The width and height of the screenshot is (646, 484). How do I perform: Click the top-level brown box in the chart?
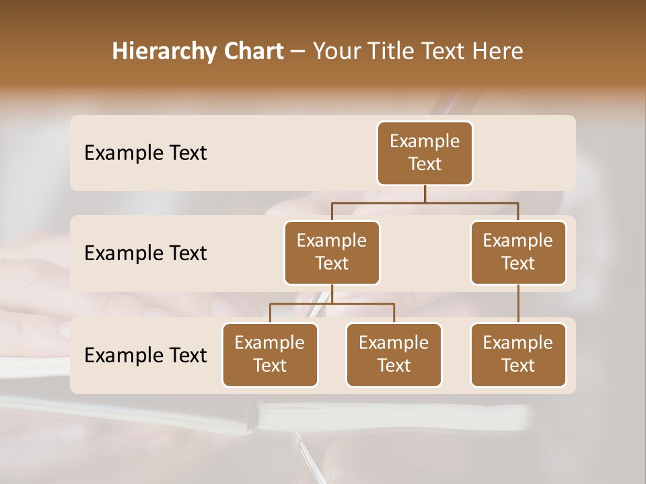click(425, 153)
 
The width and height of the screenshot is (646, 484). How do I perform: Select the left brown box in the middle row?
click(332, 252)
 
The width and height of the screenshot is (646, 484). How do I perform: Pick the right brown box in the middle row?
click(518, 252)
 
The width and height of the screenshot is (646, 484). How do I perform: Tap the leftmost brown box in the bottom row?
click(270, 354)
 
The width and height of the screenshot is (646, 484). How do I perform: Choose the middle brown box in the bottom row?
click(394, 354)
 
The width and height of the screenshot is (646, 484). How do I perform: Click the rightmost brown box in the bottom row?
click(518, 354)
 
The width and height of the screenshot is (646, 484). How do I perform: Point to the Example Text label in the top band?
click(145, 153)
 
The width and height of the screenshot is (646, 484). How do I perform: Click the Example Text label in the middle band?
click(145, 253)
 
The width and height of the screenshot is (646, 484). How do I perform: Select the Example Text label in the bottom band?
click(145, 355)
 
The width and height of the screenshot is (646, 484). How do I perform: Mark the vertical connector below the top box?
click(425, 194)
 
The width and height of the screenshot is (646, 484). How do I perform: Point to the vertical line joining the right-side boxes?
click(518, 303)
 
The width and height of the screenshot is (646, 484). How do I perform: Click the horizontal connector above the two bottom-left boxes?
click(332, 304)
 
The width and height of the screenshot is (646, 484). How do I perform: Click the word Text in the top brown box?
click(425, 164)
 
